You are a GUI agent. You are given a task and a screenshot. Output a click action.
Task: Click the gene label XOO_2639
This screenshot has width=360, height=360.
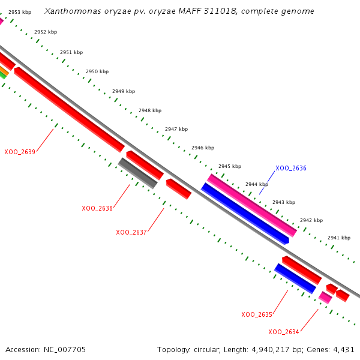tap(20, 152)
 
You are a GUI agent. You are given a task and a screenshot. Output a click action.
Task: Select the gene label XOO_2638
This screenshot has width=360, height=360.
tap(97, 208)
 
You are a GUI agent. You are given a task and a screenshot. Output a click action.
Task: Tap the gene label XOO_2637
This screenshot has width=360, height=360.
tap(131, 232)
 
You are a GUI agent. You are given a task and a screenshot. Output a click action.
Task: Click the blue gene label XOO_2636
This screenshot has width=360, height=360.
tap(291, 168)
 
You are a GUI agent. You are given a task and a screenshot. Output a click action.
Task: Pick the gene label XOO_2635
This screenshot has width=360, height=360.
tap(257, 314)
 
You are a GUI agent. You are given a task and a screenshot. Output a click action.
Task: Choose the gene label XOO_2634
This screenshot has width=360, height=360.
tap(284, 332)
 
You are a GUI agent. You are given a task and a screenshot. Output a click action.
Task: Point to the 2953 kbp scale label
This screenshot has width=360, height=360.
tap(20, 12)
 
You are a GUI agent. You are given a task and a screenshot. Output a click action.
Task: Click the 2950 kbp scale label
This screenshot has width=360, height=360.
tap(97, 71)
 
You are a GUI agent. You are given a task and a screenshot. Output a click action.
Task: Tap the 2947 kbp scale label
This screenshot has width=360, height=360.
tap(176, 129)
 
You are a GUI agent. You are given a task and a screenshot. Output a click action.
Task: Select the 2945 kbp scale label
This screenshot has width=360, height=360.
tap(230, 166)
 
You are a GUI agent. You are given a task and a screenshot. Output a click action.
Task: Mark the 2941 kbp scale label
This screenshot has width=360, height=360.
tap(338, 238)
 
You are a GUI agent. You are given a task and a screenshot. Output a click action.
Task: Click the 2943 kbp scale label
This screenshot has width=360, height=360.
tap(284, 202)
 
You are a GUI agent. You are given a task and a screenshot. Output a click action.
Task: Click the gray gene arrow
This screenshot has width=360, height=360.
tap(138, 173)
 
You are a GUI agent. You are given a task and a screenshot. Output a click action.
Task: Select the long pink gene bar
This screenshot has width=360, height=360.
tap(252, 205)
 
